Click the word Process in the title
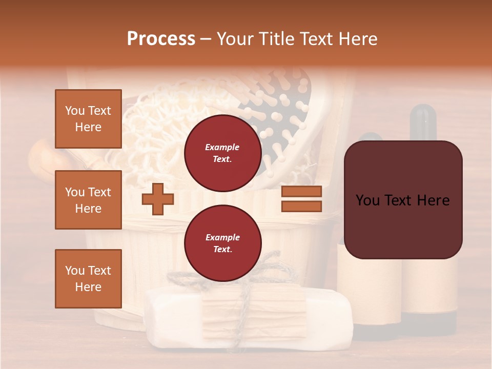[161, 39]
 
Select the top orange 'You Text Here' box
[88, 119]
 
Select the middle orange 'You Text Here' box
[88, 200]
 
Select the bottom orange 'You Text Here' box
[88, 279]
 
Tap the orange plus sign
[157, 199]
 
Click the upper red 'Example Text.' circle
[222, 153]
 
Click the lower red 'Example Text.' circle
[222, 243]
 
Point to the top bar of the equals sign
[301, 192]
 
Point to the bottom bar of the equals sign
[301, 206]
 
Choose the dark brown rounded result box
[403, 200]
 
